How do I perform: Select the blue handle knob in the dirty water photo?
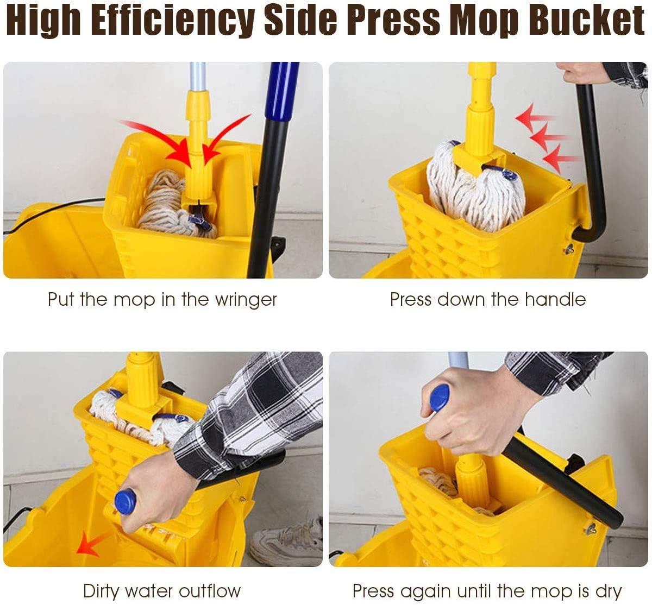click(126, 501)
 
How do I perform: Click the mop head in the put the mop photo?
click(174, 205)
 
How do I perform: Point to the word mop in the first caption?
click(135, 300)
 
